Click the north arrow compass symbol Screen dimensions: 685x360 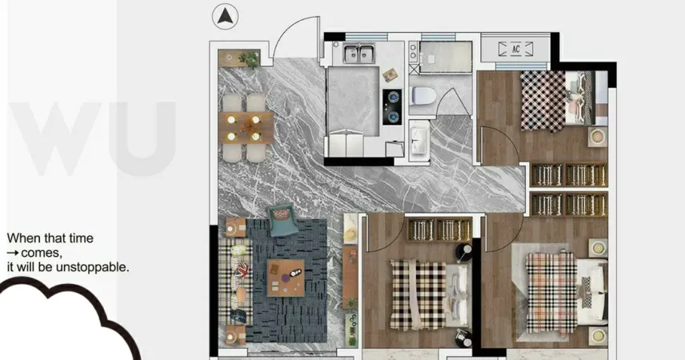[225, 17]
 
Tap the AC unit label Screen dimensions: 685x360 [516, 49]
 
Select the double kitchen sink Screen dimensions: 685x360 [359, 54]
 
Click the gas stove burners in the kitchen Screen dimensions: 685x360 [392, 107]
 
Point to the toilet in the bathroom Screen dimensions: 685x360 [422, 96]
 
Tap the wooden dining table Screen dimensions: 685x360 [246, 127]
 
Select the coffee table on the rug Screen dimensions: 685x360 [285, 278]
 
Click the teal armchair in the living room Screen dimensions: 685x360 [283, 220]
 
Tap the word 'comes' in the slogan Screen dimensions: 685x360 [41, 253]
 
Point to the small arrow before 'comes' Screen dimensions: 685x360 [13, 253]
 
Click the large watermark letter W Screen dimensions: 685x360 [56, 138]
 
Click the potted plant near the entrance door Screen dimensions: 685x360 [250, 59]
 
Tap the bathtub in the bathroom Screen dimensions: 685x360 [446, 58]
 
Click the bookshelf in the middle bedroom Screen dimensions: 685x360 [439, 230]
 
